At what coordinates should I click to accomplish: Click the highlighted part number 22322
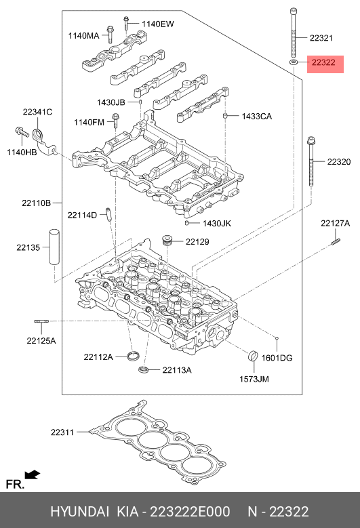(x=323, y=62)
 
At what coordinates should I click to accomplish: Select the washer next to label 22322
(x=294, y=62)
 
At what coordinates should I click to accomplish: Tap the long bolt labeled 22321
(x=294, y=33)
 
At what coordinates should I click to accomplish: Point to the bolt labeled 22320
(x=311, y=161)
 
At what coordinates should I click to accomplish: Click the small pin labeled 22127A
(x=336, y=242)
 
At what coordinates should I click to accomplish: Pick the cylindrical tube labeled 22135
(x=54, y=247)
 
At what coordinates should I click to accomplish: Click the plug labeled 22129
(x=167, y=241)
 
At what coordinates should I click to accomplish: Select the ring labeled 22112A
(x=134, y=355)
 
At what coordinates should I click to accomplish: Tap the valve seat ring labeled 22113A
(x=144, y=369)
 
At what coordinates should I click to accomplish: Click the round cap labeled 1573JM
(x=253, y=356)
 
